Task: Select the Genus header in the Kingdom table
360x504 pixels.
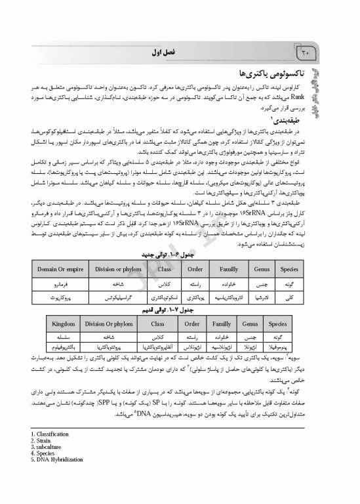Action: (249, 324)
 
